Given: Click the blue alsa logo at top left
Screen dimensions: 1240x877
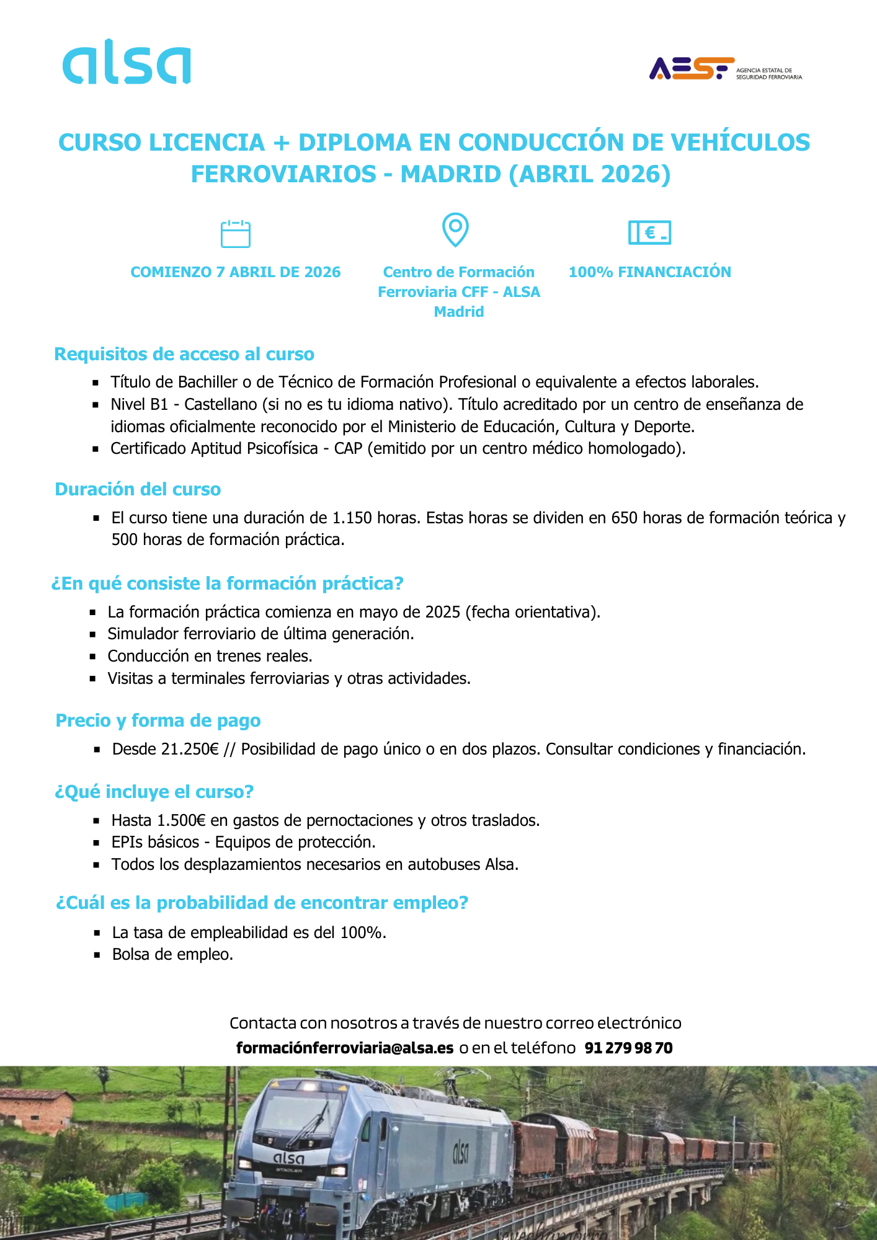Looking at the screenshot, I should (x=127, y=62).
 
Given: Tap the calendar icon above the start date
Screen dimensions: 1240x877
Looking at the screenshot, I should (x=236, y=234).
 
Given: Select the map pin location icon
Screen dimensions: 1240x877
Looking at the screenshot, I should (x=455, y=229).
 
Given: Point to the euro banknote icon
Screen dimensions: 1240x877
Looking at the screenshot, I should (x=649, y=232).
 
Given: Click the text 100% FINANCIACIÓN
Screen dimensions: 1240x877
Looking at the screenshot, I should (x=649, y=272).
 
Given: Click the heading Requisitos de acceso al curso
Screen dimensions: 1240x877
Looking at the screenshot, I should (x=184, y=354).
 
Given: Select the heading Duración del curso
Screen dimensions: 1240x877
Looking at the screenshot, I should (x=138, y=489).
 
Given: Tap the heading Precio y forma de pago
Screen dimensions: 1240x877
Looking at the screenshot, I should (x=158, y=720).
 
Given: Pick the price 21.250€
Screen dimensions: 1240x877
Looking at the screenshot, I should (x=190, y=749).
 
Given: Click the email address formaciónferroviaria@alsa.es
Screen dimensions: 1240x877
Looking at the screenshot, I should (x=345, y=1048).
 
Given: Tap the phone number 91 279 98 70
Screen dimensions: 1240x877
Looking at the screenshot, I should (x=628, y=1048).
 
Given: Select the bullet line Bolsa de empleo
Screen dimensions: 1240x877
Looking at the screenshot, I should (x=172, y=954).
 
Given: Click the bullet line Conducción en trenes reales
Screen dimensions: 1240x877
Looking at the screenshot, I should (x=210, y=656).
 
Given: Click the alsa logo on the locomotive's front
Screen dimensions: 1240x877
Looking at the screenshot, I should (x=289, y=1158).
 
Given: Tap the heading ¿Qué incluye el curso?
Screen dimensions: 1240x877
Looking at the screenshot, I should (x=154, y=792).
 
